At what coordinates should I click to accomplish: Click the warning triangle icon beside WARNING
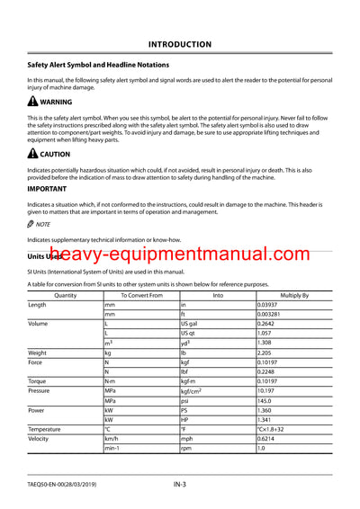[x=32, y=103]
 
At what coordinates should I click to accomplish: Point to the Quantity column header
[x=65, y=295]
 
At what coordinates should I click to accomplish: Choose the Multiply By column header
[x=293, y=295]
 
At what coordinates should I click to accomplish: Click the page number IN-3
[x=180, y=486]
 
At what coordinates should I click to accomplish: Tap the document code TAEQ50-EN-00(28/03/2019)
[x=68, y=486]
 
